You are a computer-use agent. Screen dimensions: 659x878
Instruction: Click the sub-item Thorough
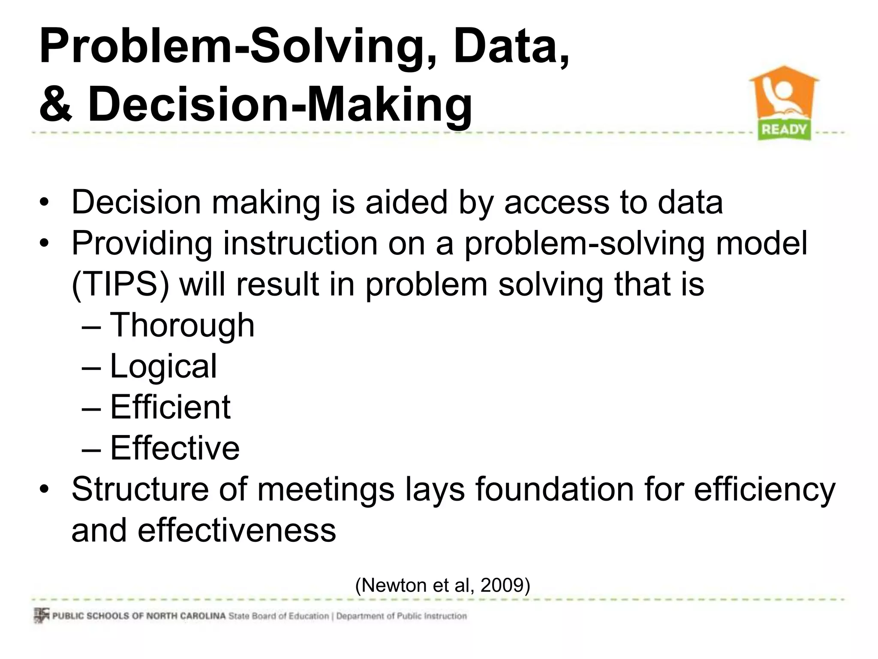[182, 325]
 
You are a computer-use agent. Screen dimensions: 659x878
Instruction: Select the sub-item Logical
[163, 366]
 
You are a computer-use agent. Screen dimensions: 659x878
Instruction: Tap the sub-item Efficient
[170, 407]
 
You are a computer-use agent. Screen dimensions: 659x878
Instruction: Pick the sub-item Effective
[174, 448]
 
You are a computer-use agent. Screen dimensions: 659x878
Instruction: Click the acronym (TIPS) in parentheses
[120, 284]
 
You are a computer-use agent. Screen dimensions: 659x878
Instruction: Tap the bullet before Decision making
[44, 203]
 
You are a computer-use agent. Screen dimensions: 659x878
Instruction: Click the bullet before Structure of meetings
[44, 490]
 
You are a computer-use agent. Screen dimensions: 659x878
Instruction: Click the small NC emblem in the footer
[41, 615]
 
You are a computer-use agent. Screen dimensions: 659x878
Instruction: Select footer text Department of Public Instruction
[401, 616]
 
